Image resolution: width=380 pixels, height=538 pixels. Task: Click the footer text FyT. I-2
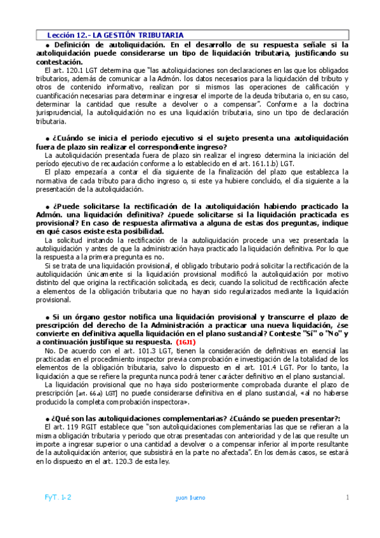57,498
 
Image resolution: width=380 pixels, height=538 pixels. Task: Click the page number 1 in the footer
348,498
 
